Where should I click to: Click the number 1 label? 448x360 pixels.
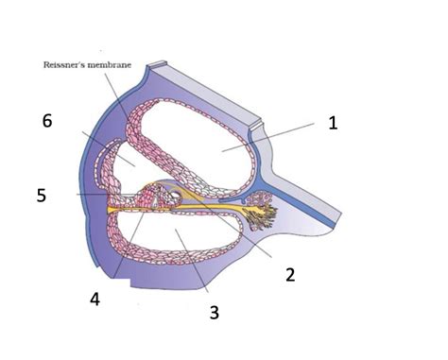(x=332, y=122)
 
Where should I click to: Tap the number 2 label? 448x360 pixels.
(x=290, y=274)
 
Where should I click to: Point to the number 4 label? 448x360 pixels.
(x=95, y=299)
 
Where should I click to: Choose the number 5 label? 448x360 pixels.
(x=41, y=197)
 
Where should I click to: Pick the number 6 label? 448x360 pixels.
(x=48, y=121)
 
